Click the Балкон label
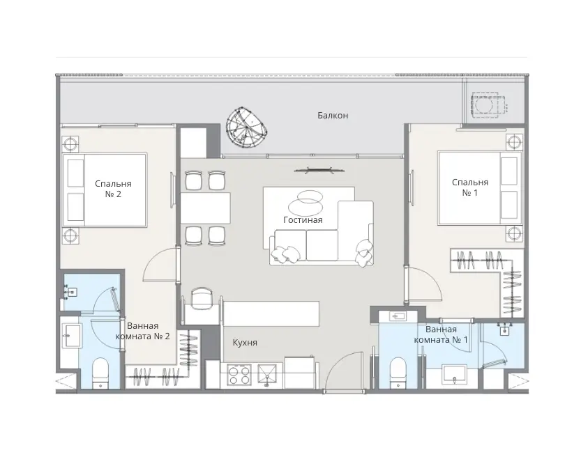tap(333, 116)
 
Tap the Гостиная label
tap(303, 220)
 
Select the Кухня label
tap(245, 343)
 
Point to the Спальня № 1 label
tap(470, 187)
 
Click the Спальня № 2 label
tap(113, 189)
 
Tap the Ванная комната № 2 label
tap(143, 331)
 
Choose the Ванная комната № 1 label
tap(441, 334)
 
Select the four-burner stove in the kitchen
tap(239, 375)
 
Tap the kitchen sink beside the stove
tap(266, 375)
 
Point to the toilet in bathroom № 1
tap(399, 373)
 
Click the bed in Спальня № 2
tap(105, 190)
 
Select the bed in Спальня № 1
tap(481, 187)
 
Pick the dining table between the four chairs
tap(205, 208)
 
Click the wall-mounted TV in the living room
tap(319, 170)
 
